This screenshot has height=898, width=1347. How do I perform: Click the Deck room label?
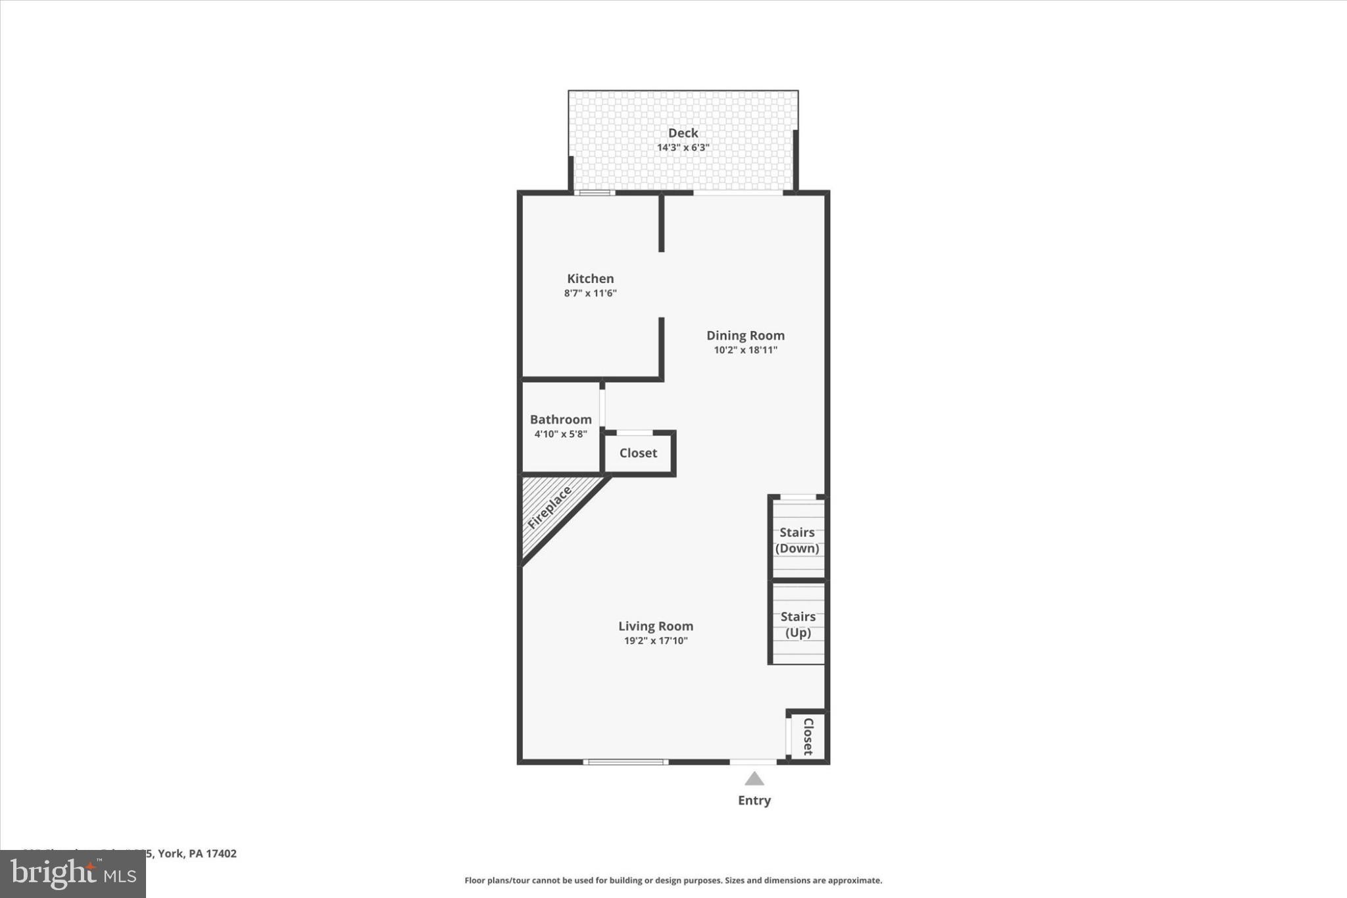click(x=683, y=133)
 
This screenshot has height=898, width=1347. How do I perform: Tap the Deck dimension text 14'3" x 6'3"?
click(x=683, y=147)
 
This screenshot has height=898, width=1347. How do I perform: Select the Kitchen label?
click(x=590, y=279)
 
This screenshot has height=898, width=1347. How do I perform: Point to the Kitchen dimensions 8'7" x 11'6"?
click(x=590, y=293)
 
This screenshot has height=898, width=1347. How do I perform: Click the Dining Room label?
click(x=745, y=336)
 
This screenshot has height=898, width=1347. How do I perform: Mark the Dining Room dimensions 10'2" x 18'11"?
click(x=745, y=350)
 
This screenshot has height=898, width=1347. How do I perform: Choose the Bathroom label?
click(x=560, y=420)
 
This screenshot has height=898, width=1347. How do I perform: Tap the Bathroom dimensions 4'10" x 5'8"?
click(x=560, y=434)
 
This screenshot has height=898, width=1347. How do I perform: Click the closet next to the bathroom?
click(x=638, y=453)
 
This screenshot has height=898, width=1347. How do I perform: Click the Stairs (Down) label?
click(x=797, y=540)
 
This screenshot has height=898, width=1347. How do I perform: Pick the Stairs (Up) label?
click(x=798, y=624)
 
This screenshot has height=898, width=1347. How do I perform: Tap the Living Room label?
click(x=655, y=626)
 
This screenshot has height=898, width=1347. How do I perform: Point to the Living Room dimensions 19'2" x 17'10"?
click(x=655, y=641)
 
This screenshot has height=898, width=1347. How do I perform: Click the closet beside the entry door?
click(x=808, y=736)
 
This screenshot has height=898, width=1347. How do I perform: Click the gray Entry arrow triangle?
click(x=754, y=780)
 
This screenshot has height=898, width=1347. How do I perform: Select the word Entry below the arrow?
click(x=754, y=801)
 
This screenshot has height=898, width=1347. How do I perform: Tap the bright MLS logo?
click(x=73, y=874)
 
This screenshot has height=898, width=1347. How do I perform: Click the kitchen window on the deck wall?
click(x=595, y=193)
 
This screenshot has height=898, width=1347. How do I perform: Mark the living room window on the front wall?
click(x=625, y=762)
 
